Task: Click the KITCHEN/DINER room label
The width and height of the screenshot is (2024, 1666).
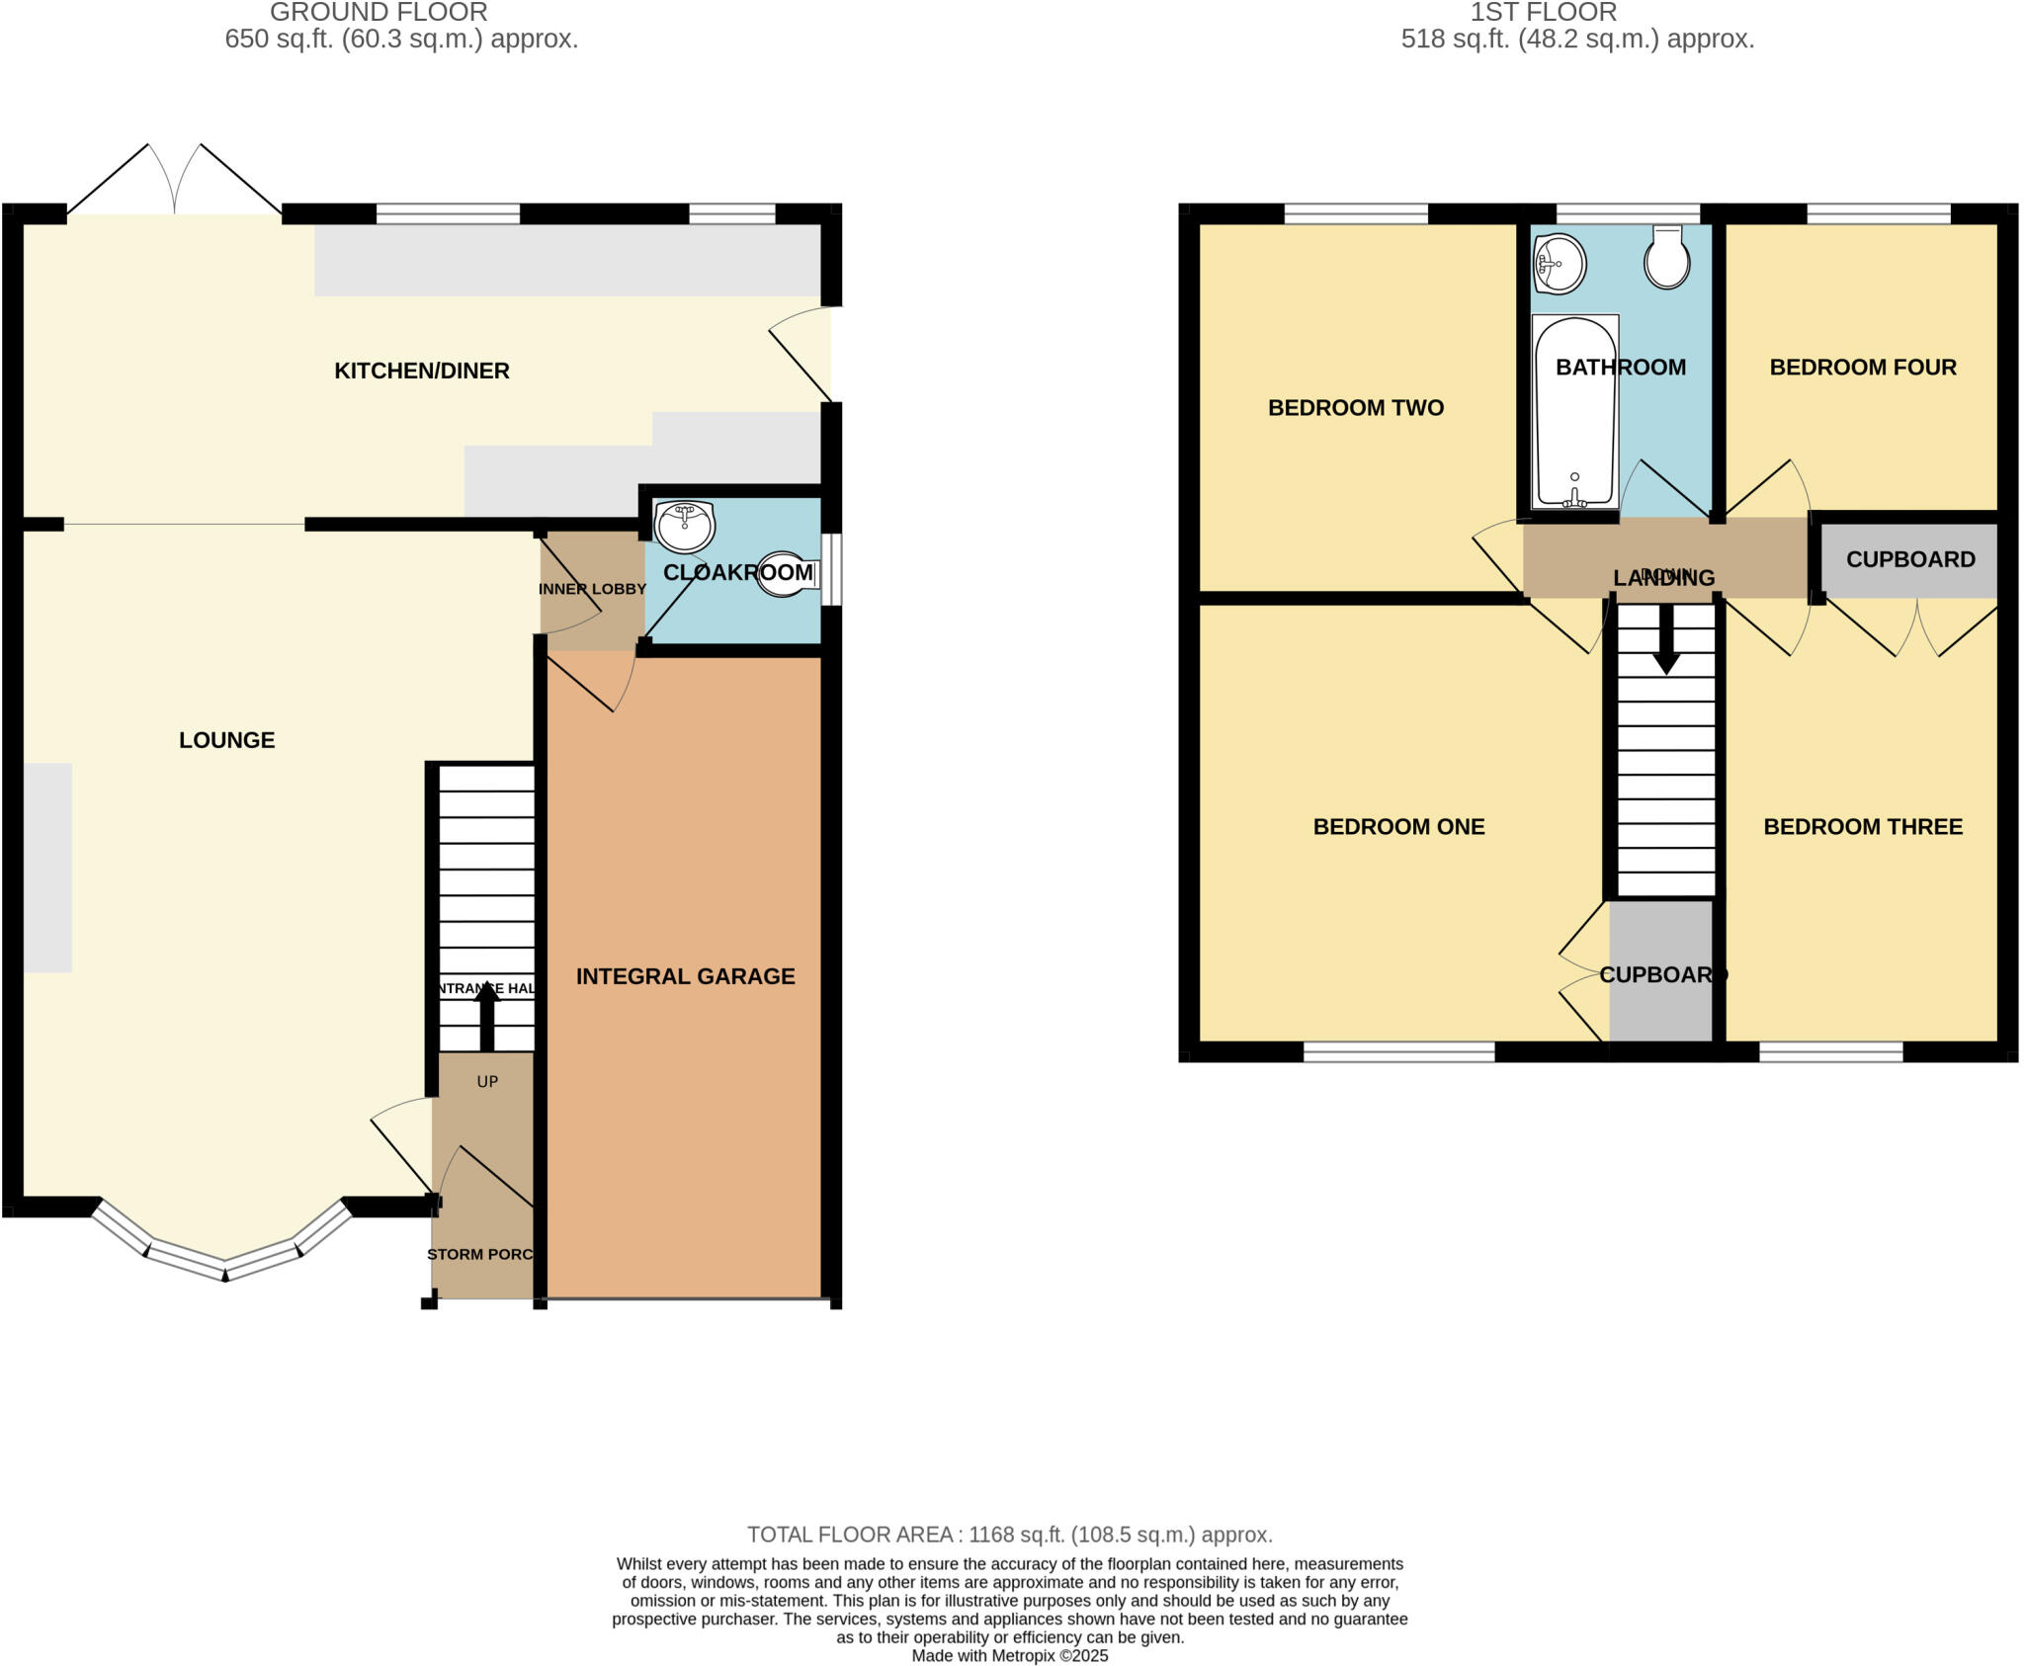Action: [x=421, y=371]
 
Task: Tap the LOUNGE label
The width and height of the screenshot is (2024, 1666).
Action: [x=226, y=740]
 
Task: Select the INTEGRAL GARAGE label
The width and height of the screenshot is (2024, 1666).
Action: [x=685, y=976]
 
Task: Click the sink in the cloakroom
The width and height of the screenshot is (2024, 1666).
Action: [x=685, y=527]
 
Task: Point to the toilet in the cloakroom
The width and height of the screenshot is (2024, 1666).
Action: [x=787, y=574]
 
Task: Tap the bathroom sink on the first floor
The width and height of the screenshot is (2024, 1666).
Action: [x=1560, y=264]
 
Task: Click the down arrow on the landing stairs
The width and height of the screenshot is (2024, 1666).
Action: [x=1666, y=639]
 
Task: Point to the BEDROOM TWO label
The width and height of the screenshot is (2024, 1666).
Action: [x=1355, y=407]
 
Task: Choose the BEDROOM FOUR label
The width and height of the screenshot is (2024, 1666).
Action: [x=1862, y=368]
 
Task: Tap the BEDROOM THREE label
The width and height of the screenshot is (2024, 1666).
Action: [x=1862, y=827]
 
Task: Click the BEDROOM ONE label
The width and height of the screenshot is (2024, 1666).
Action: [x=1398, y=827]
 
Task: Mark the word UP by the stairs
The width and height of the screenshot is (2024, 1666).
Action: [x=487, y=1082]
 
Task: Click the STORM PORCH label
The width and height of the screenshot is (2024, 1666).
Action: [x=481, y=1254]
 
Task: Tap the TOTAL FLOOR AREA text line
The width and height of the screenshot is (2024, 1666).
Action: [x=1009, y=1535]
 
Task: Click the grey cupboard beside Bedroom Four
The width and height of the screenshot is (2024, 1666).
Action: [x=1909, y=560]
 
